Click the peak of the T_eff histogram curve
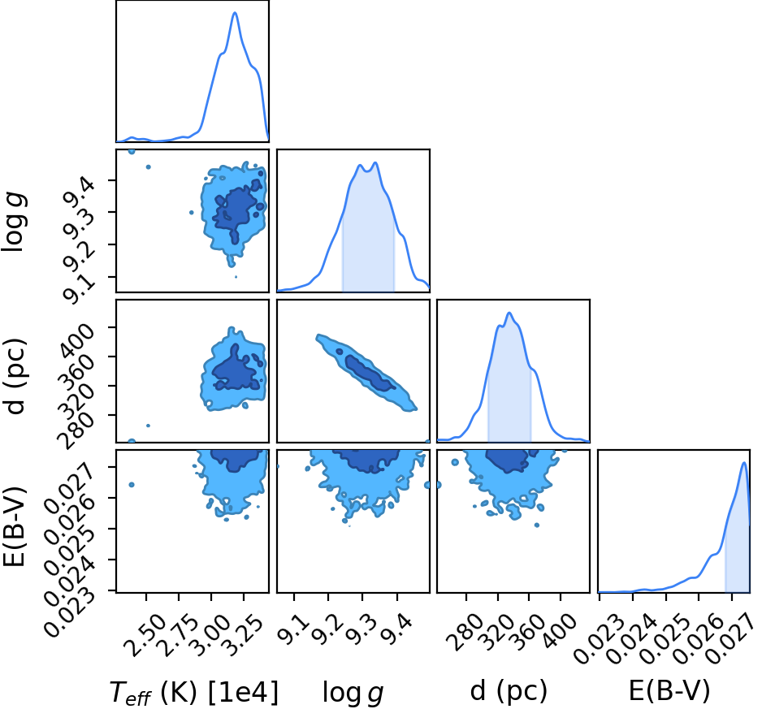pyautogui.click(x=236, y=13)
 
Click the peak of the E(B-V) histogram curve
pyautogui.click(x=744, y=463)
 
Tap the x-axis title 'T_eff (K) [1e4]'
pyautogui.click(x=194, y=693)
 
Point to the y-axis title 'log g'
pyautogui.click(x=15, y=221)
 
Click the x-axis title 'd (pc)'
pyautogui.click(x=509, y=691)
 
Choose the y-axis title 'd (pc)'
pyautogui.click(x=15, y=376)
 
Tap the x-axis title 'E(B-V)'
pyautogui.click(x=669, y=691)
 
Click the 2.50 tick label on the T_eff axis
pyautogui.click(x=145, y=636)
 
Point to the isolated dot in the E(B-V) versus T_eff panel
pyautogui.click(x=132, y=485)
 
